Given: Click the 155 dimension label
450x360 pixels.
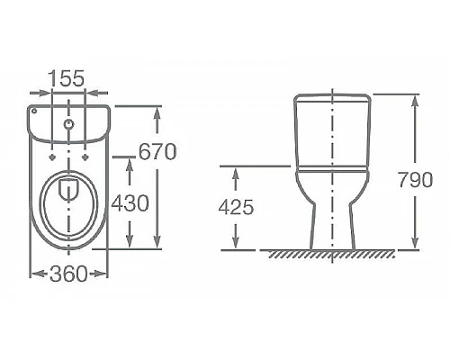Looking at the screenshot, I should tap(68, 78).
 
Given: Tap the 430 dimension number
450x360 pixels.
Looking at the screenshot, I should tap(130, 204).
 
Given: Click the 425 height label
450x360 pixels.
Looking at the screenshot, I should tap(237, 206).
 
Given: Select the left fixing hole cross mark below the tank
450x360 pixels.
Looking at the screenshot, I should tap(53, 154).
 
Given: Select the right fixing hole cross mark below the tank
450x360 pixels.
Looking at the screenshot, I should tap(85, 154).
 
